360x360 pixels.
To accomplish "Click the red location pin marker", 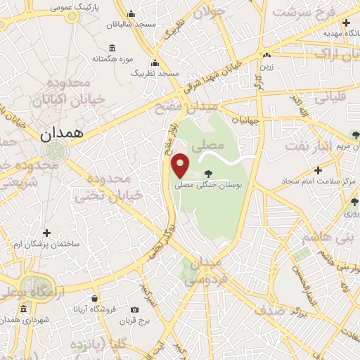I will pos(181,165).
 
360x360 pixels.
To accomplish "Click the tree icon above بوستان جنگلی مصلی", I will pos(207,173).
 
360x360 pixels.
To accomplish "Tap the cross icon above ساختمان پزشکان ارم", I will pos(46,233).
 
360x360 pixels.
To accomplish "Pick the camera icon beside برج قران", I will pos(134,310).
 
